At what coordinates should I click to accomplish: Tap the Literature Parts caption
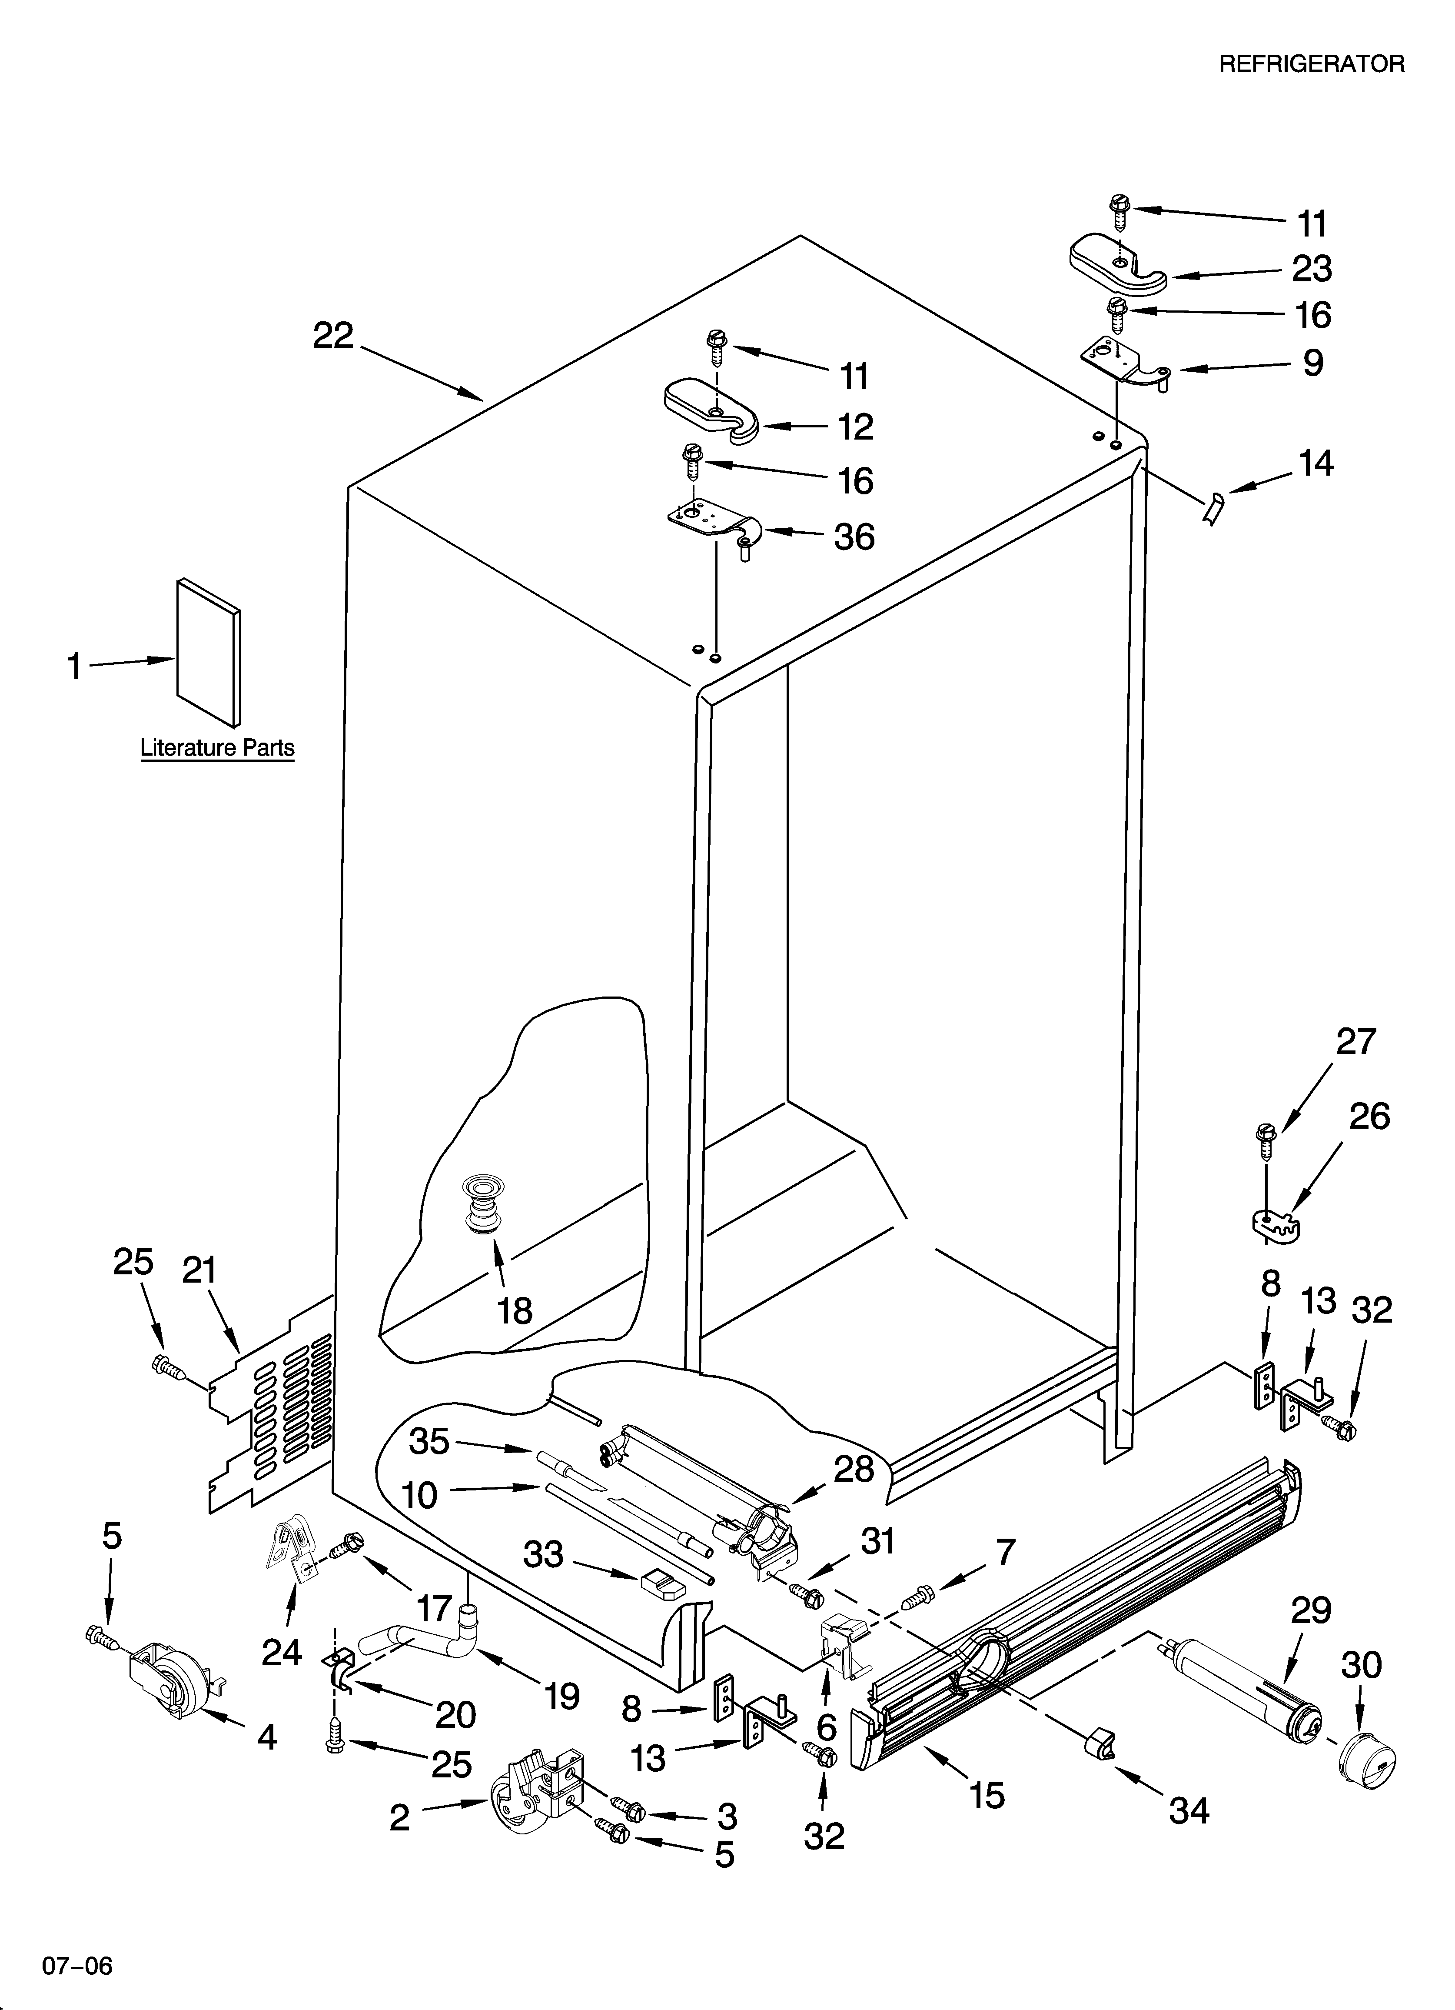[x=217, y=748]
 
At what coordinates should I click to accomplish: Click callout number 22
[x=333, y=336]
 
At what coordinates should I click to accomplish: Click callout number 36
[x=854, y=537]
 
